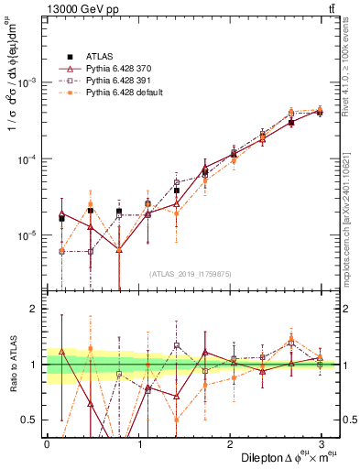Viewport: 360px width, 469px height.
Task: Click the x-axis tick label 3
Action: coord(322,443)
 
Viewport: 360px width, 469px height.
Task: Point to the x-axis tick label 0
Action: coord(47,443)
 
